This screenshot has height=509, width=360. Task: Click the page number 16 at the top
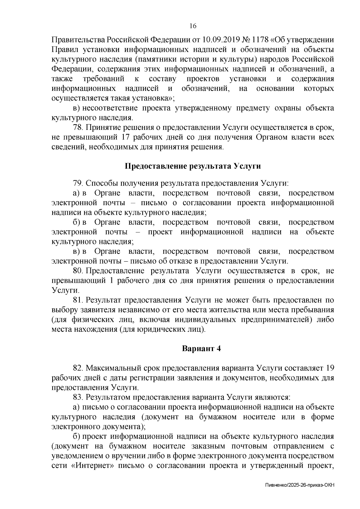193,26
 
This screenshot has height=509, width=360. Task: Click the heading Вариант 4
201,349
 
